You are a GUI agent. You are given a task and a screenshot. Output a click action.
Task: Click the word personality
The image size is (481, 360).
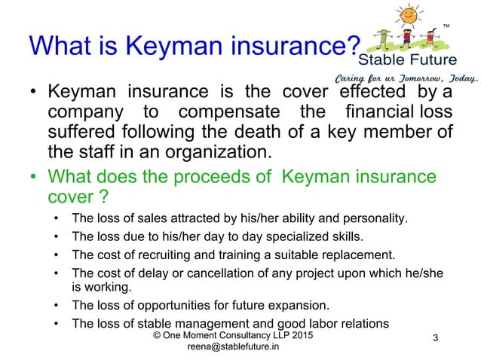point(375,220)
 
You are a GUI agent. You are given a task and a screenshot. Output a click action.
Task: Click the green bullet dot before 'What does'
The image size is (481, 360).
point(34,178)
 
